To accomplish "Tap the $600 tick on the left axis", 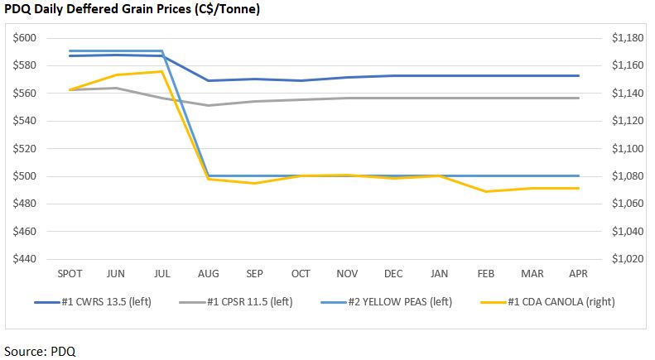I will [x=24, y=38].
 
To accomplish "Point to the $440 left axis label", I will [x=24, y=259].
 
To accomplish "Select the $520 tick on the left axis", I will [x=24, y=149].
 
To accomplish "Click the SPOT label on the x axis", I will [x=69, y=273].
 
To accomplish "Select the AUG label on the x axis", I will [x=207, y=273].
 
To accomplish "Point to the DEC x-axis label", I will [x=393, y=273].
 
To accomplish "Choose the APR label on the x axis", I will [x=578, y=273].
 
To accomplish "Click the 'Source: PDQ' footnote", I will [x=40, y=350].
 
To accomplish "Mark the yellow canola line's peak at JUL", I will [x=161, y=71].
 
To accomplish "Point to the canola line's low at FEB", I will [x=485, y=191].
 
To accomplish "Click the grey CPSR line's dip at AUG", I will [x=207, y=105].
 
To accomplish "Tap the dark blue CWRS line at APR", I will [x=578, y=75].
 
